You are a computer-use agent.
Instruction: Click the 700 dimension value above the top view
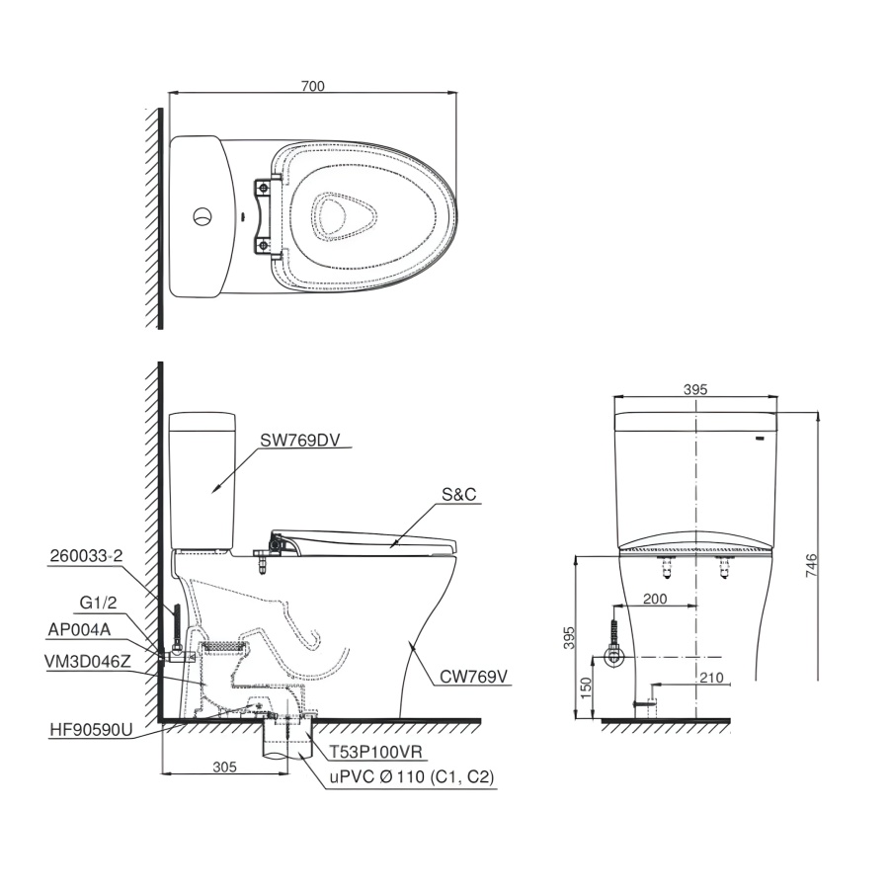(x=313, y=86)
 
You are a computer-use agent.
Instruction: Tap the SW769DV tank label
(x=300, y=440)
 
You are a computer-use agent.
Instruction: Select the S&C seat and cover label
(x=459, y=495)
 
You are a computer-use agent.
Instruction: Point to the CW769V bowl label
(x=473, y=677)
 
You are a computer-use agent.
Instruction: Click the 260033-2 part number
(x=86, y=555)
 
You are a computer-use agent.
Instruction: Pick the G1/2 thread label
(x=98, y=603)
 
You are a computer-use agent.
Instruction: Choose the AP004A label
(x=79, y=629)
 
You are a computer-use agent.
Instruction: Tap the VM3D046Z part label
(x=87, y=661)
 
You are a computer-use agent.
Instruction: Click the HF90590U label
(x=91, y=730)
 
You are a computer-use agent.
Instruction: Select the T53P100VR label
(x=376, y=752)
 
